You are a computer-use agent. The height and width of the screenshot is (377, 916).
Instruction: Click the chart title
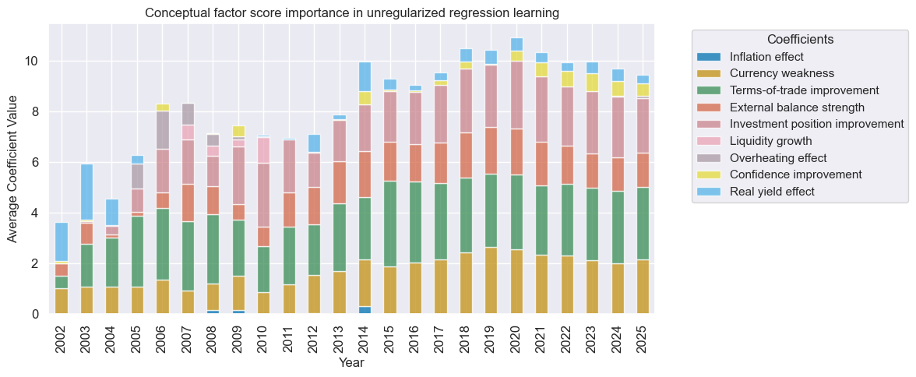352,13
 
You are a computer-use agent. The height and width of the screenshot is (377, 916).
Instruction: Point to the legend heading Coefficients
801,39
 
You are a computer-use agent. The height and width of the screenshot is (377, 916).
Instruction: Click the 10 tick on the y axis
33,62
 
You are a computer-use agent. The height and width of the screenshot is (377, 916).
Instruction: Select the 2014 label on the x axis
365,337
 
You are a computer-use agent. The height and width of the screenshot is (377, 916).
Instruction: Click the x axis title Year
351,363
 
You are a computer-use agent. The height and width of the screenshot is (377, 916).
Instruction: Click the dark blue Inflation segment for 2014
365,310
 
